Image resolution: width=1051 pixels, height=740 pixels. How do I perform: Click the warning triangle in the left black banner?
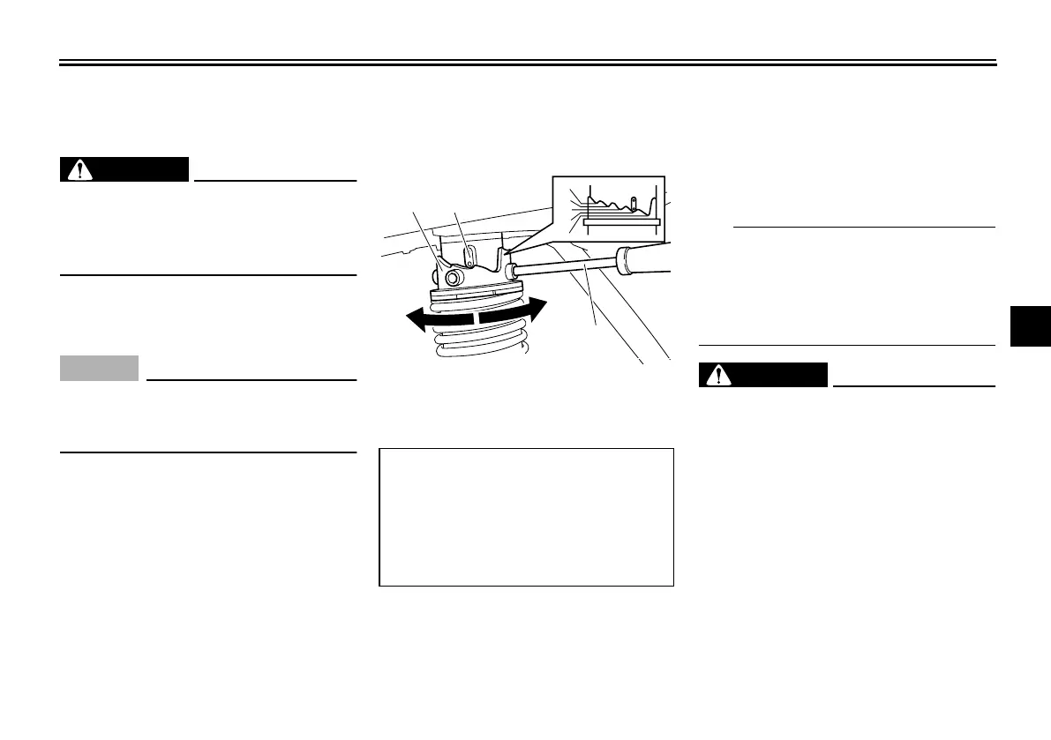pyautogui.click(x=79, y=170)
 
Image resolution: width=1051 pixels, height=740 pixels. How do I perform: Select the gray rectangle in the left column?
pyautogui.click(x=99, y=368)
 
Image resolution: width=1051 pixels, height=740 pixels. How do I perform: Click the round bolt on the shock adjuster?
pyautogui.click(x=454, y=279)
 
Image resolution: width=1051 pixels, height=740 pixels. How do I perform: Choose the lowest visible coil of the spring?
pyautogui.click(x=480, y=350)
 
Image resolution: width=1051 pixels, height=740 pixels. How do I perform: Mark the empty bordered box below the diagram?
pyautogui.click(x=526, y=518)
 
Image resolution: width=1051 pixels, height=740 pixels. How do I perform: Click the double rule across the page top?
pyautogui.click(x=527, y=63)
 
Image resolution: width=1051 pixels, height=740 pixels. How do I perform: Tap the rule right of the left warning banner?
pyautogui.click(x=274, y=180)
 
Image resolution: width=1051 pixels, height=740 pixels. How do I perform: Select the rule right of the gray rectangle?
pyautogui.click(x=251, y=380)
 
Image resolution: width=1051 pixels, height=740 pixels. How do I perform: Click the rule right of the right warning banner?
pyautogui.click(x=913, y=385)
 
